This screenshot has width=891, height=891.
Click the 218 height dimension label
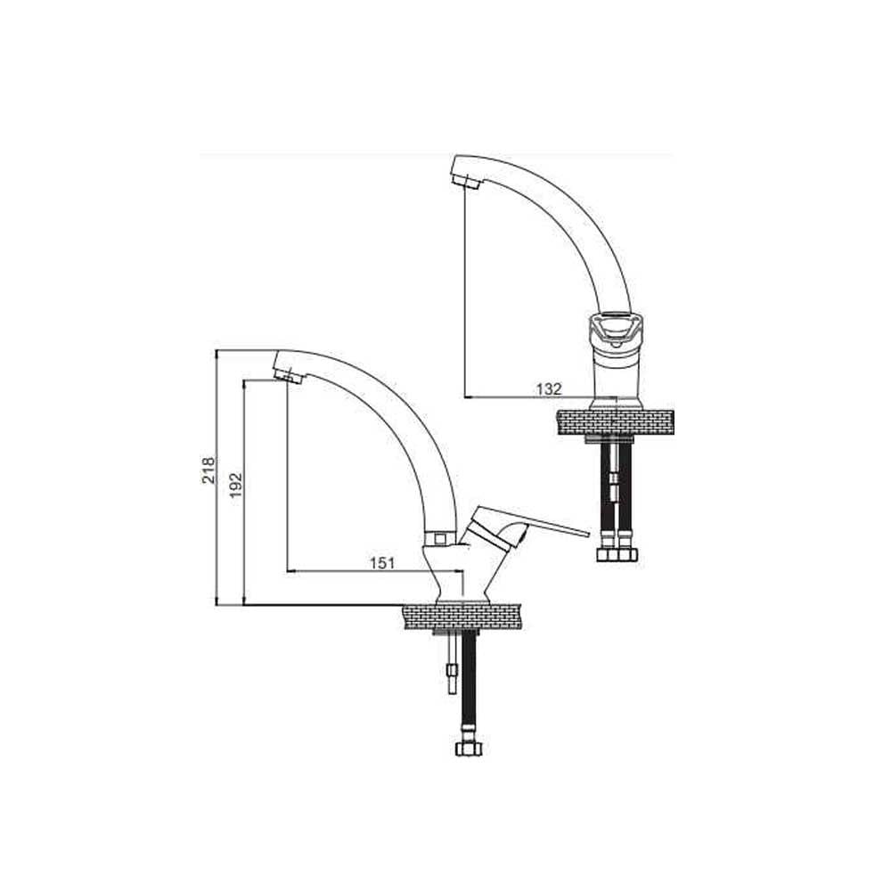point(209,470)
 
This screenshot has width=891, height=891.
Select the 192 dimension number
point(236,485)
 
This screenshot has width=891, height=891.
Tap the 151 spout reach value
point(382,562)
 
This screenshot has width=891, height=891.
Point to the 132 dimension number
point(549,388)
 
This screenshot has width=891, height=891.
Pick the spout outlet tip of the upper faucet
point(466,182)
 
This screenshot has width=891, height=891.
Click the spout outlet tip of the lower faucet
point(288,375)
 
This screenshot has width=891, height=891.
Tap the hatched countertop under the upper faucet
point(616,422)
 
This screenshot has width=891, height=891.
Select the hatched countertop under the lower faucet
point(462,617)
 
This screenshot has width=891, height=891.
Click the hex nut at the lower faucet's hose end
point(469,747)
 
